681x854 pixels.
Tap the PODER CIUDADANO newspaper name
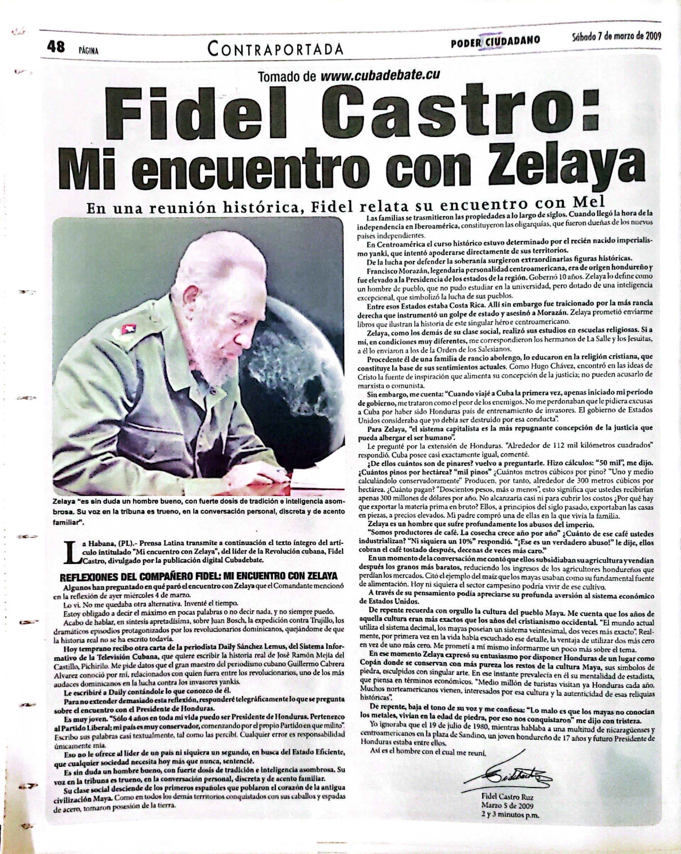pyautogui.click(x=496, y=42)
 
